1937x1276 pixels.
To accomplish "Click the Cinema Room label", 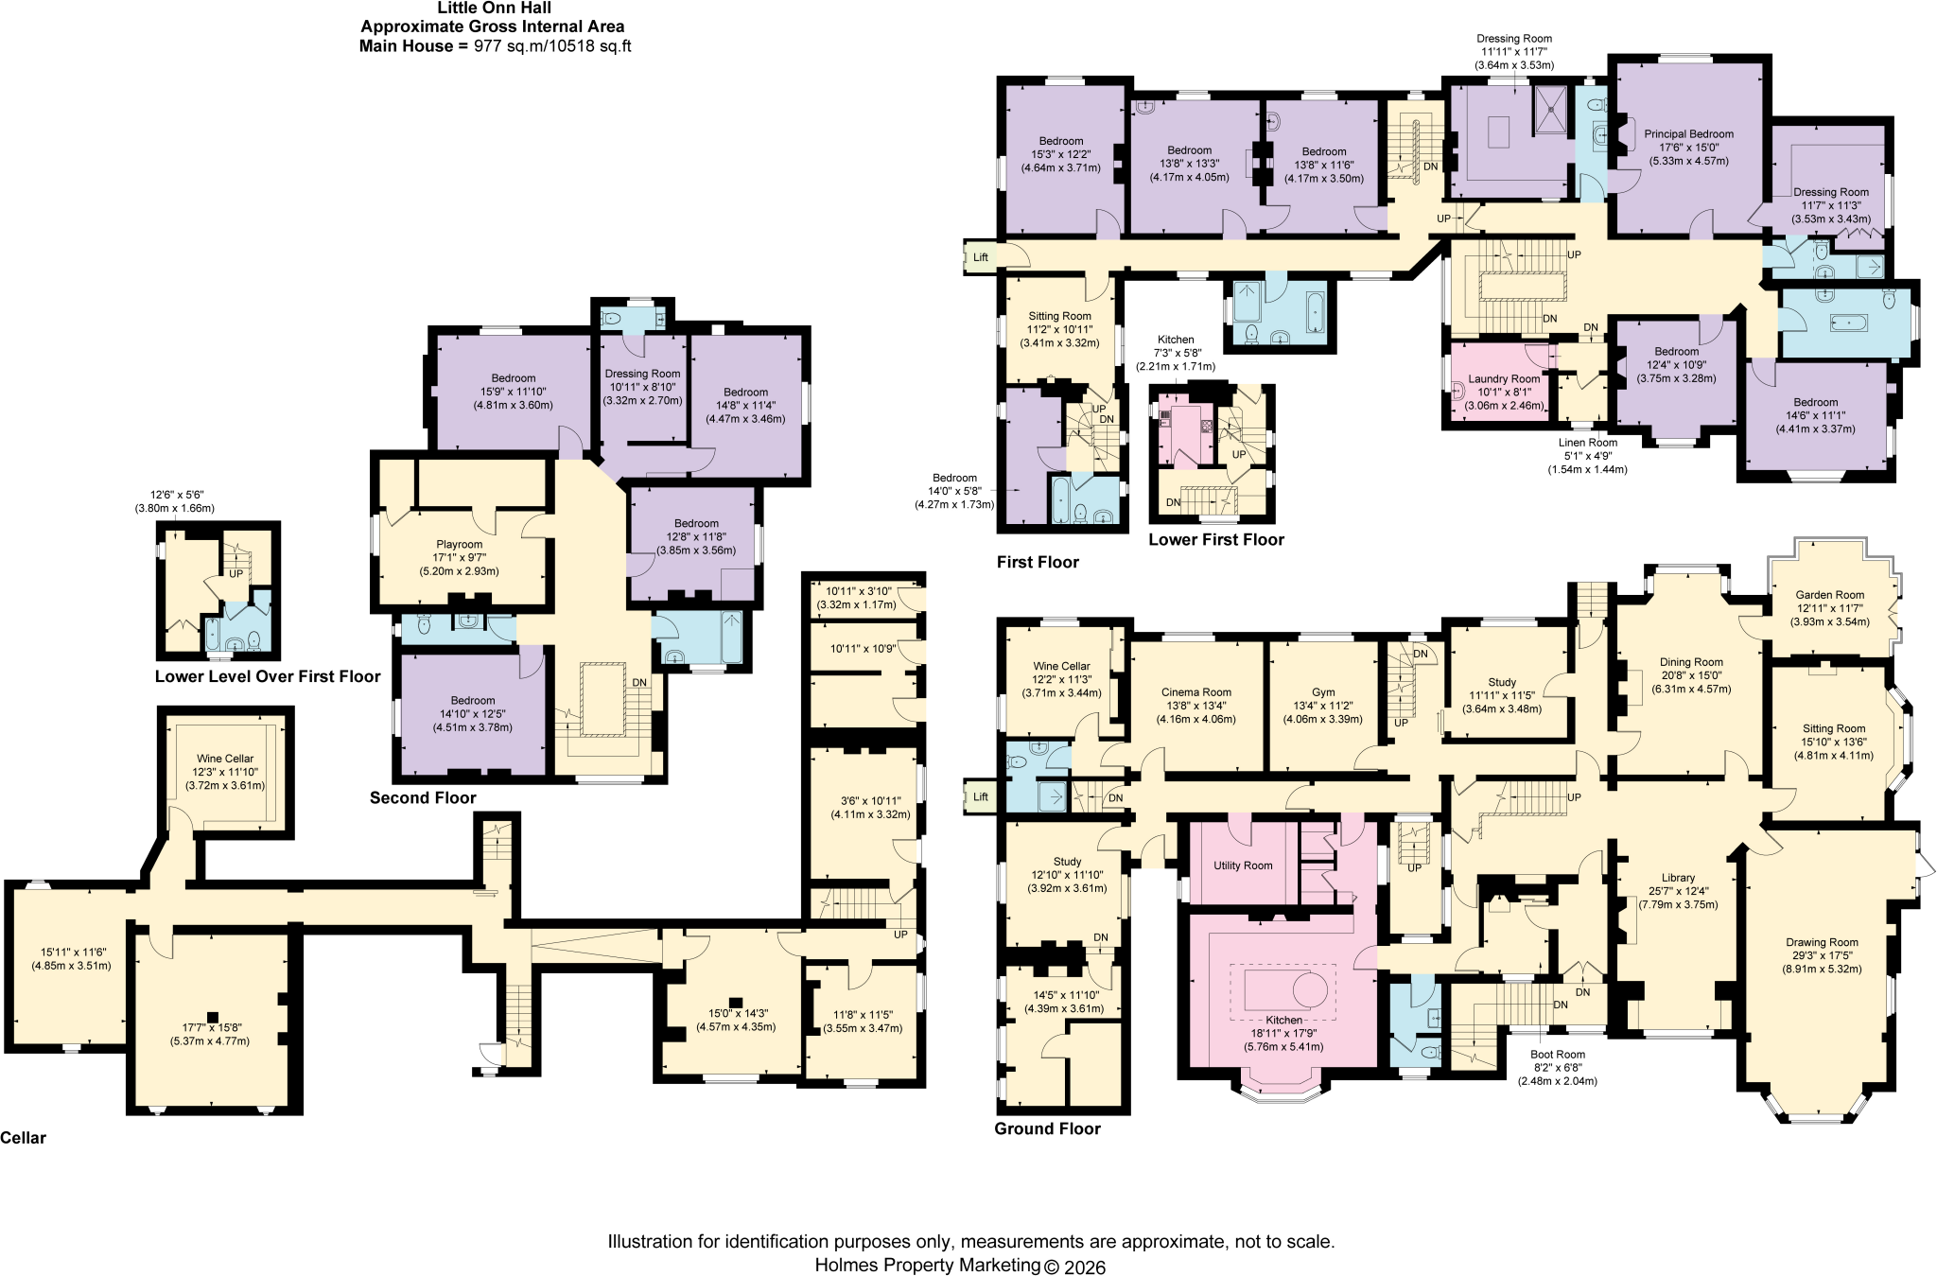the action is pos(1196,692).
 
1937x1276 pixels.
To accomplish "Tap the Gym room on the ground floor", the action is pos(1323,705).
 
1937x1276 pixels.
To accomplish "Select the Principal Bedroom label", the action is pos(1688,134).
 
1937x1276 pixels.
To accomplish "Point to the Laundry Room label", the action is pos(1504,379).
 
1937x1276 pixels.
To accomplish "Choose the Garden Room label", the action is pos(1830,595).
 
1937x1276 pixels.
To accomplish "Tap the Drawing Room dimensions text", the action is pos(1822,962).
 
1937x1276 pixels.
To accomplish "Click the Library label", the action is pos(1678,878).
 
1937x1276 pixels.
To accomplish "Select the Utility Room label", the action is pos(1243,865).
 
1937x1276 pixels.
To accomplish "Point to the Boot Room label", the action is pos(1558,1054).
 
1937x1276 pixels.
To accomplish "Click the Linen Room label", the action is pos(1588,443).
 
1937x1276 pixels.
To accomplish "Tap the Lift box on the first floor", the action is pos(981,257).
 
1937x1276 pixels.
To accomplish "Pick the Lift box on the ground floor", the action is pos(981,796).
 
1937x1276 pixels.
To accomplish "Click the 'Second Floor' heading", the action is pos(423,797).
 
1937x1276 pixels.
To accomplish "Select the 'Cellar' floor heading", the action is pos(23,1138).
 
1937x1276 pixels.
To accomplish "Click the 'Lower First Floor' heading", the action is pos(1216,540).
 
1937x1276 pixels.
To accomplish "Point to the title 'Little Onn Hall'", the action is pos(494,9).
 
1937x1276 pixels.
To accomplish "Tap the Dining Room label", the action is pos(1691,662).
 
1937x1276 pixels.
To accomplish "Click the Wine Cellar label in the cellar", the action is pos(225,759).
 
